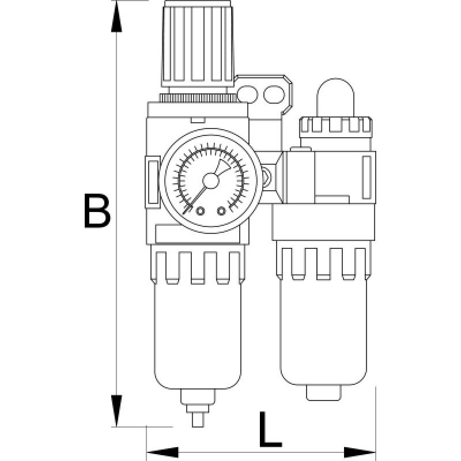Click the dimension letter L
coord(269,429)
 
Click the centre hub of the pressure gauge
coord(210,180)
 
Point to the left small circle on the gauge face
coord(201,211)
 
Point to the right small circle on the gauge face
coord(221,211)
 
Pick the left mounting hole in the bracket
coord(248,93)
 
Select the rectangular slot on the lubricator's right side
coord(365,174)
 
